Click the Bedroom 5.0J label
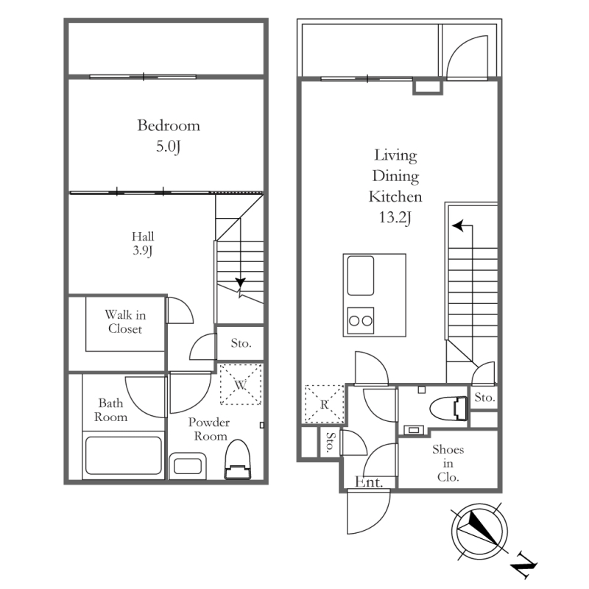169,135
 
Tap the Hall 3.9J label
143,244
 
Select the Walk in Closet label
125,322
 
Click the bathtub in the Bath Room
124,455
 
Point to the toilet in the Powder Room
237,459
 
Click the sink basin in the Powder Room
188,466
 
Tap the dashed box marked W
241,384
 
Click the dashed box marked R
324,403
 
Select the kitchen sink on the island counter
361,275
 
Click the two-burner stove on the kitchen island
361,320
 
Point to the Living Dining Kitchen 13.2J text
395,186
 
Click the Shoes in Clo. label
448,463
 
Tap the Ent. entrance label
369,482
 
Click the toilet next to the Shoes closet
448,408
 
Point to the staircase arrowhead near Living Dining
457,226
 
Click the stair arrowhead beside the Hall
241,283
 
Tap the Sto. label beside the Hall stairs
241,343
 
